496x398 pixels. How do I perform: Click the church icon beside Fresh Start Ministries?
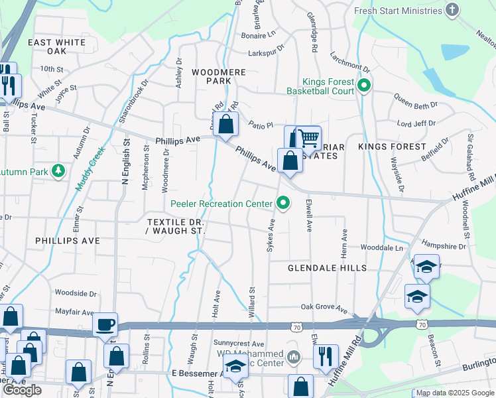[452, 10]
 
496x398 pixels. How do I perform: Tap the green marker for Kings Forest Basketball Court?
[363, 86]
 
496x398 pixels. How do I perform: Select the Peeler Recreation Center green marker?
[284, 204]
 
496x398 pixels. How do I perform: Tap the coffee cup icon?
[105, 324]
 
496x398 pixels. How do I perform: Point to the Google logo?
[23, 390]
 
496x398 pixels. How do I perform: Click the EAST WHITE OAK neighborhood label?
[57, 46]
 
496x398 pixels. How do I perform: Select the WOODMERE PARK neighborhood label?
[219, 76]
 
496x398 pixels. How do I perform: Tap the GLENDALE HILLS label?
[327, 268]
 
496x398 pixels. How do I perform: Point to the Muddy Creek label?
[90, 168]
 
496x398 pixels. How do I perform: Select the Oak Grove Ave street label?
[324, 308]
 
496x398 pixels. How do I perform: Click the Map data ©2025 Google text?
[454, 393]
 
